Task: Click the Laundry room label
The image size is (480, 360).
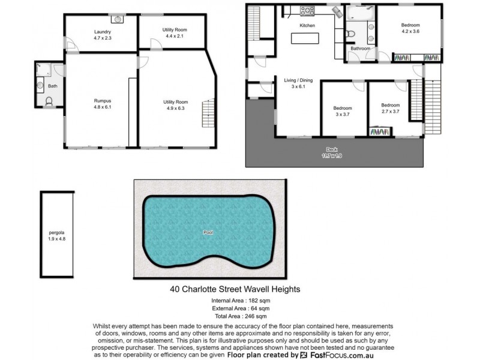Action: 101,32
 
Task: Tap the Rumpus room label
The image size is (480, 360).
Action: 101,100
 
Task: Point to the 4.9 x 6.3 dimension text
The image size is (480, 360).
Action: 175,108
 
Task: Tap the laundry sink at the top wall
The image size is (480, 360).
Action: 119,19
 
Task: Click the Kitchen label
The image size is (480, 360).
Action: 307,26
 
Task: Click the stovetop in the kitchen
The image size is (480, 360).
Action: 307,11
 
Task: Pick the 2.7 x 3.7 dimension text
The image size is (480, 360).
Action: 390,111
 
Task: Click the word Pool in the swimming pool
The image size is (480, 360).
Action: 208,232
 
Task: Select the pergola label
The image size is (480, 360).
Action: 57,232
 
